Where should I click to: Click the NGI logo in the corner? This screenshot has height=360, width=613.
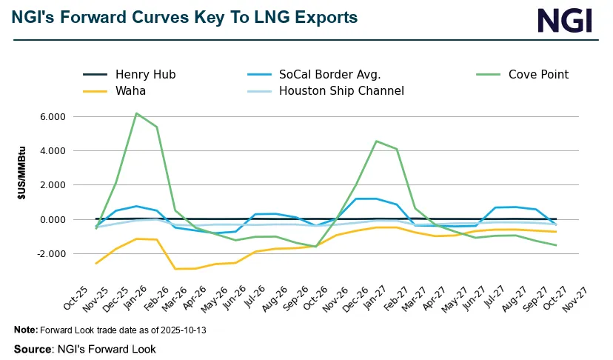pyautogui.click(x=565, y=20)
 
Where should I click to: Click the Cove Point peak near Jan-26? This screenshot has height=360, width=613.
pyautogui.click(x=136, y=113)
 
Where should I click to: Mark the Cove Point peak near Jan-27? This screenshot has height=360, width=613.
pyautogui.click(x=376, y=141)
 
